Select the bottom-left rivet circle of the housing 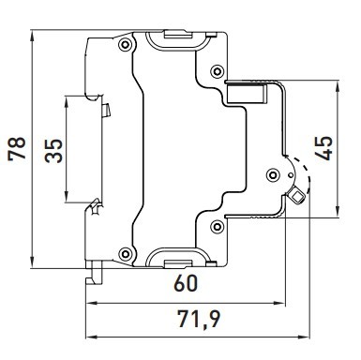pyautogui.click(x=124, y=250)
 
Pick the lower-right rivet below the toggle pyautogui.click(x=218, y=223)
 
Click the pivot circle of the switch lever pyautogui.click(x=272, y=172)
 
